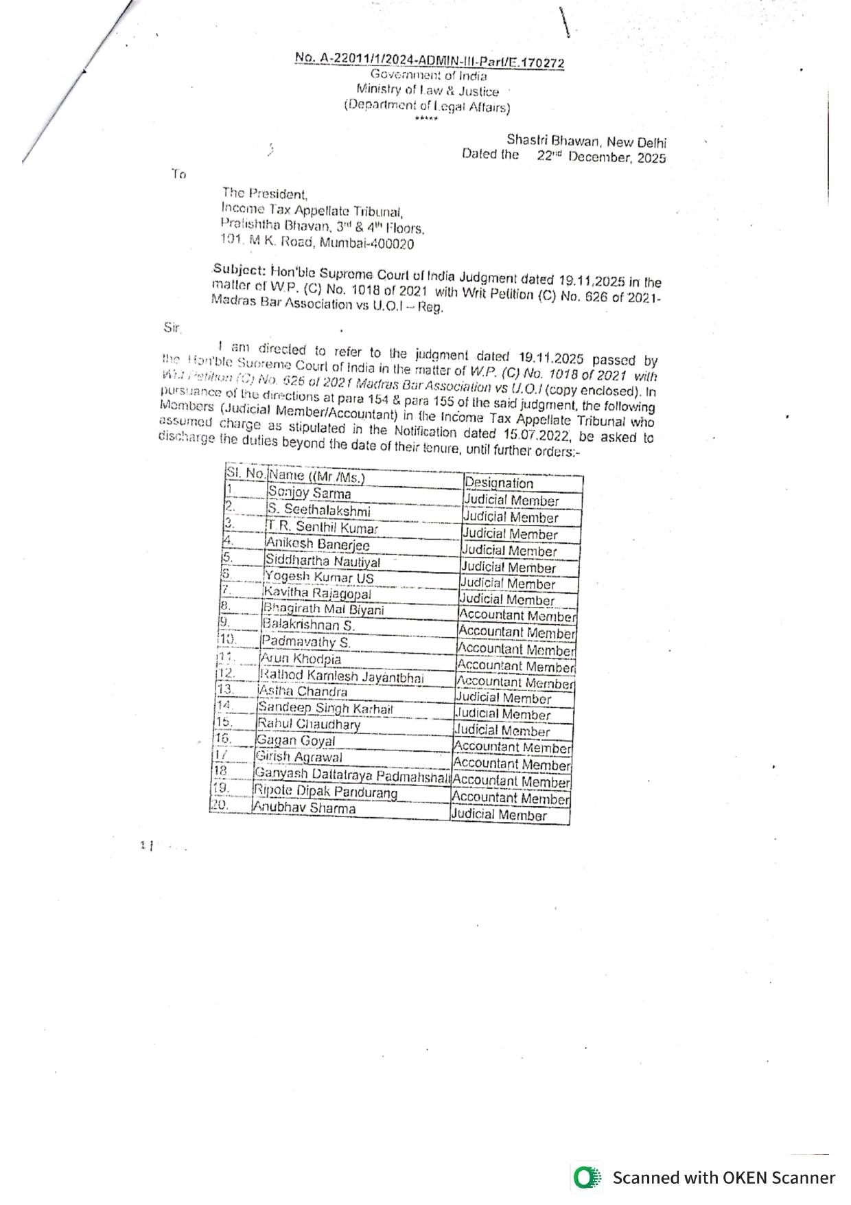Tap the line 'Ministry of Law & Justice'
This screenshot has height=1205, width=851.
pos(428,90)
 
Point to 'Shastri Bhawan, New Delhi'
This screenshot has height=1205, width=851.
pos(586,141)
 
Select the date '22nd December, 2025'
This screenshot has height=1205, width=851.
pos(601,157)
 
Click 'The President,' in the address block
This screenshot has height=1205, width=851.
pos(265,194)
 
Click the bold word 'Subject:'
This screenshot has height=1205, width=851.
pos(239,268)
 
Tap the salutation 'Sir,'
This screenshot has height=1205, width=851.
pos(172,328)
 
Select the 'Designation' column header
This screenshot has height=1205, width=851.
pos(499,483)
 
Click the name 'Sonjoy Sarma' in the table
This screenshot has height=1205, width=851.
pos(310,493)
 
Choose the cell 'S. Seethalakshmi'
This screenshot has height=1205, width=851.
pos(319,510)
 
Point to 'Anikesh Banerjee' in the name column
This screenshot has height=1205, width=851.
pos(318,544)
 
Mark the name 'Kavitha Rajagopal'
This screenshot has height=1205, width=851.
pos(317,593)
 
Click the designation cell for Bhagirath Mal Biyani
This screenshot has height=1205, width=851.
pos(517,616)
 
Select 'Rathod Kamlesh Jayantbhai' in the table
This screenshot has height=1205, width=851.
pos(341,677)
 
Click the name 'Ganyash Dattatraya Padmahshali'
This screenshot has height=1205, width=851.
pos(352,774)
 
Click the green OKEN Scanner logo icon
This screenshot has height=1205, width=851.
pos(585,1178)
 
